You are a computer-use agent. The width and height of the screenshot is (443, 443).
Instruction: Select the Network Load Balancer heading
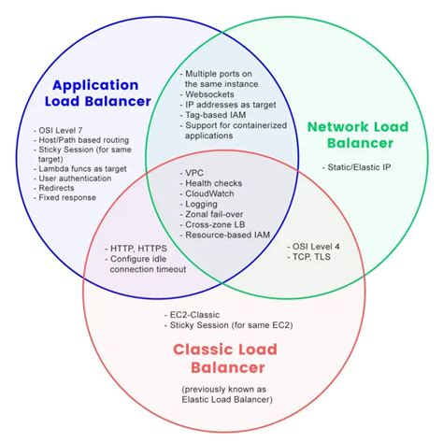(x=359, y=134)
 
